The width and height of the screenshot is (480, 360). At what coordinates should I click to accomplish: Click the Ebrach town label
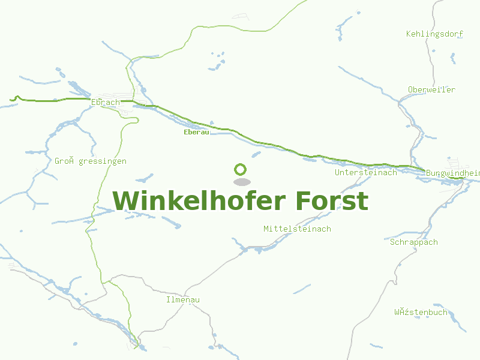point(106,102)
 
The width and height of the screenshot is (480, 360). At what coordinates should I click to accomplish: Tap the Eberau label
point(196,132)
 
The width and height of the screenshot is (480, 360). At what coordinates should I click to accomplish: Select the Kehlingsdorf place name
point(434,34)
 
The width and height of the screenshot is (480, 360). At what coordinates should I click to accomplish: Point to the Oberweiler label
point(431,90)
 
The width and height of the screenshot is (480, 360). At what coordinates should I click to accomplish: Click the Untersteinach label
point(366,173)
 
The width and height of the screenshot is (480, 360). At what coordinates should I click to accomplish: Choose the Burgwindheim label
point(452,173)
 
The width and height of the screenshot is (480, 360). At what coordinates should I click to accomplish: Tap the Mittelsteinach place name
point(297,229)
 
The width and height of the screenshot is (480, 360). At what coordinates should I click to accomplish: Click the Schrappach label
point(414,242)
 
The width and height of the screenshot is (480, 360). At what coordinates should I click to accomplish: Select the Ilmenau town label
point(183,299)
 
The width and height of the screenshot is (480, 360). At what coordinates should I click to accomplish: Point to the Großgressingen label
point(91,161)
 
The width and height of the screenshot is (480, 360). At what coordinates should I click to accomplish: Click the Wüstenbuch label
point(421,313)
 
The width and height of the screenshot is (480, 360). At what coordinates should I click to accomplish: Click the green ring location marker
point(241,169)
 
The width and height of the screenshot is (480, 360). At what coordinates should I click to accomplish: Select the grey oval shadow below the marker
point(241,182)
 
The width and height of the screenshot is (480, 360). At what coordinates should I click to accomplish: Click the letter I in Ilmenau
point(169,299)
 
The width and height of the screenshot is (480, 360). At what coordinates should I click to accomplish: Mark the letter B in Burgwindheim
point(429,173)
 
